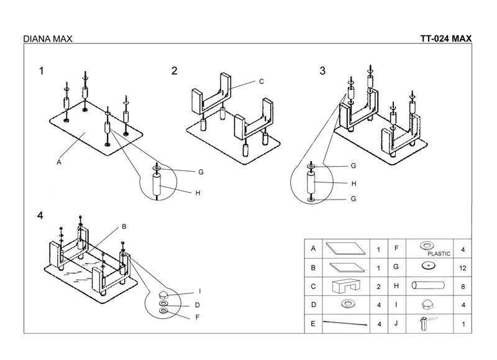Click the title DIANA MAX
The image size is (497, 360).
[47, 39]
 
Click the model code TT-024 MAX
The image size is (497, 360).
[445, 39]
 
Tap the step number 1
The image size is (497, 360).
[42, 71]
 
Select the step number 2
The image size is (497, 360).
[175, 71]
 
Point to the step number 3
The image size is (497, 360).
[322, 71]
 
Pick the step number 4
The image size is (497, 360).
[40, 216]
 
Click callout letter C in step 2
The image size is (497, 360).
[262, 81]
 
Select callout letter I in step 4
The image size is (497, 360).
[200, 291]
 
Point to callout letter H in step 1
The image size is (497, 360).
[198, 193]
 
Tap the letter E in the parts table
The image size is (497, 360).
[314, 323]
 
